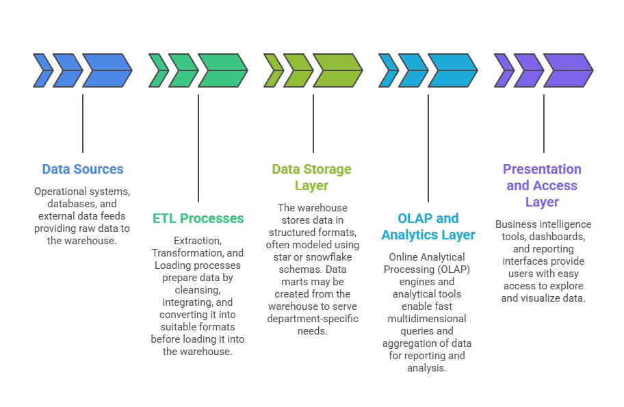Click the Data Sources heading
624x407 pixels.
83,169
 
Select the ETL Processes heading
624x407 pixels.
198,218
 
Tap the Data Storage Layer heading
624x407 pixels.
311,177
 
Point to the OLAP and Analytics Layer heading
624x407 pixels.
428,226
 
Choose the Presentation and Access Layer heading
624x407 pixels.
542,185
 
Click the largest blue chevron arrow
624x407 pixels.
107,70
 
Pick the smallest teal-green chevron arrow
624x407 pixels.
158,70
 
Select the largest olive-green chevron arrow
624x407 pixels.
338,70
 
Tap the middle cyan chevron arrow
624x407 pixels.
413,70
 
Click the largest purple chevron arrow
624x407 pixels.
569,70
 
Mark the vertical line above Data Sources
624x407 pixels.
83,124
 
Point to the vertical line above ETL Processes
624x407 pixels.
198,148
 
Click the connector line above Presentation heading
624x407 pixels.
544,124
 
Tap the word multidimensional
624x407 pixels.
427,319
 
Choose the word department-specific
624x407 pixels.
313,319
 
